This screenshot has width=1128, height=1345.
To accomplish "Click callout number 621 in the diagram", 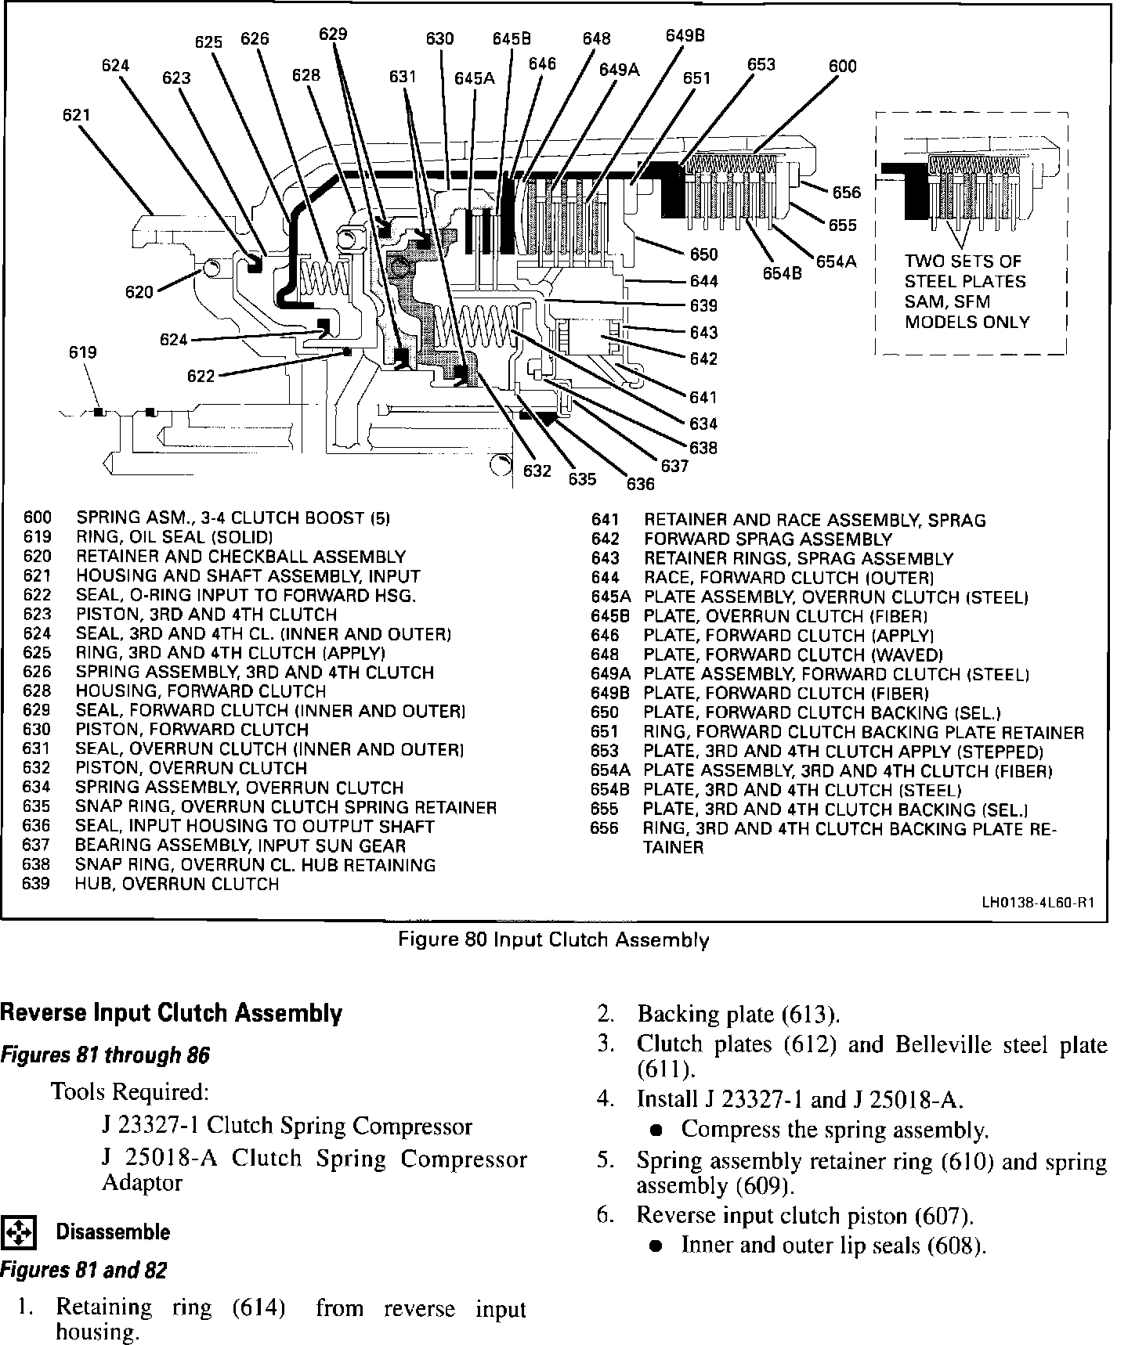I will click(76, 115).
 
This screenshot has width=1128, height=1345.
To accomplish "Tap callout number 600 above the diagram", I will click(843, 67).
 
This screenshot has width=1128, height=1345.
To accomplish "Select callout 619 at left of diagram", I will click(82, 352).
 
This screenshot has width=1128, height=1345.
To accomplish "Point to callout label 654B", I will click(783, 273).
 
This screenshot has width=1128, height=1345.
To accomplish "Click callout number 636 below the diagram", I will click(640, 484).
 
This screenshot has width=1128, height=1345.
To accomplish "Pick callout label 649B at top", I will click(685, 35).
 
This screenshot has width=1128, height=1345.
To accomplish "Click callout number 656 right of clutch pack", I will click(846, 193).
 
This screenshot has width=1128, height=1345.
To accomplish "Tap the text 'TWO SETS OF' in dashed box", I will click(963, 261).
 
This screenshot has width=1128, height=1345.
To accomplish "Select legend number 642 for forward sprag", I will click(605, 539).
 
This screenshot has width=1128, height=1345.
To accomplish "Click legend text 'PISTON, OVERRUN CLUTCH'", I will click(191, 768).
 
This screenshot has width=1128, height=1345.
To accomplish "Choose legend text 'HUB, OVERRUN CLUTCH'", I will click(177, 884).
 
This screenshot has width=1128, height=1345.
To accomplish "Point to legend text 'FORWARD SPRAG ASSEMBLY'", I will click(768, 539).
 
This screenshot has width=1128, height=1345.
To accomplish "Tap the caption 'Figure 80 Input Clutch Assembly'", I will click(554, 939).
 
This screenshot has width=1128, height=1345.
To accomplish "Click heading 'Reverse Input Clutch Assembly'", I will click(171, 1014).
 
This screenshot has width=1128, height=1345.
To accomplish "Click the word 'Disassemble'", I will click(113, 1232).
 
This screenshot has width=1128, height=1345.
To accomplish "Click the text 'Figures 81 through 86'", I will click(105, 1055).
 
